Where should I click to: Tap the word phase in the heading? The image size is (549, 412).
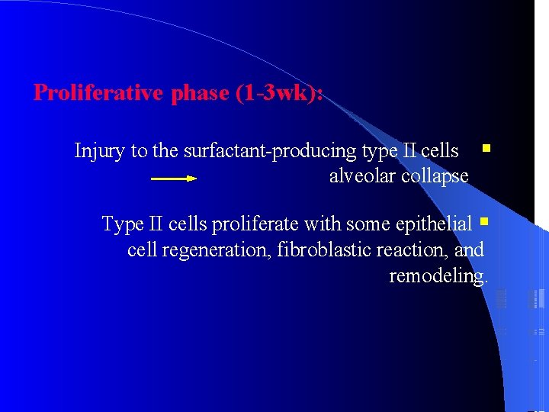(200, 93)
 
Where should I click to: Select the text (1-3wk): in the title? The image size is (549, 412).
(280, 93)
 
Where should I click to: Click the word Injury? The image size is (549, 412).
(101, 151)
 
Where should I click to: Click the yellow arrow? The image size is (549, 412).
(174, 179)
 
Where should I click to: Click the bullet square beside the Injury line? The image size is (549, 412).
(485, 143)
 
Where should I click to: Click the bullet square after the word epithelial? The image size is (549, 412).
(483, 223)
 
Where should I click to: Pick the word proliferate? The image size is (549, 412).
(255, 224)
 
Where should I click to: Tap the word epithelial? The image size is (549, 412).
(432, 224)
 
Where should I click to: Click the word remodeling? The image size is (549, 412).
(438, 275)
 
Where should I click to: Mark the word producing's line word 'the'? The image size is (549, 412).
(165, 151)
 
